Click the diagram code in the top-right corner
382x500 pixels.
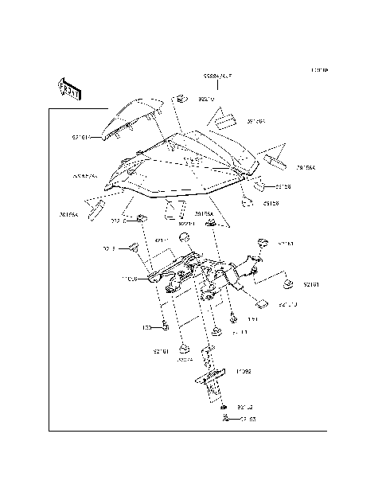coord(320,71)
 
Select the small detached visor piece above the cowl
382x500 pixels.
coord(136,116)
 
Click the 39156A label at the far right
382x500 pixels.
coord(306,168)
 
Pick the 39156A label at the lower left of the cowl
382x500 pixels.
coord(68,214)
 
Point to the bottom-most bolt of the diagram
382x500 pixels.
coord(226,419)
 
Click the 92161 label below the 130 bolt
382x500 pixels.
coord(162,350)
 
